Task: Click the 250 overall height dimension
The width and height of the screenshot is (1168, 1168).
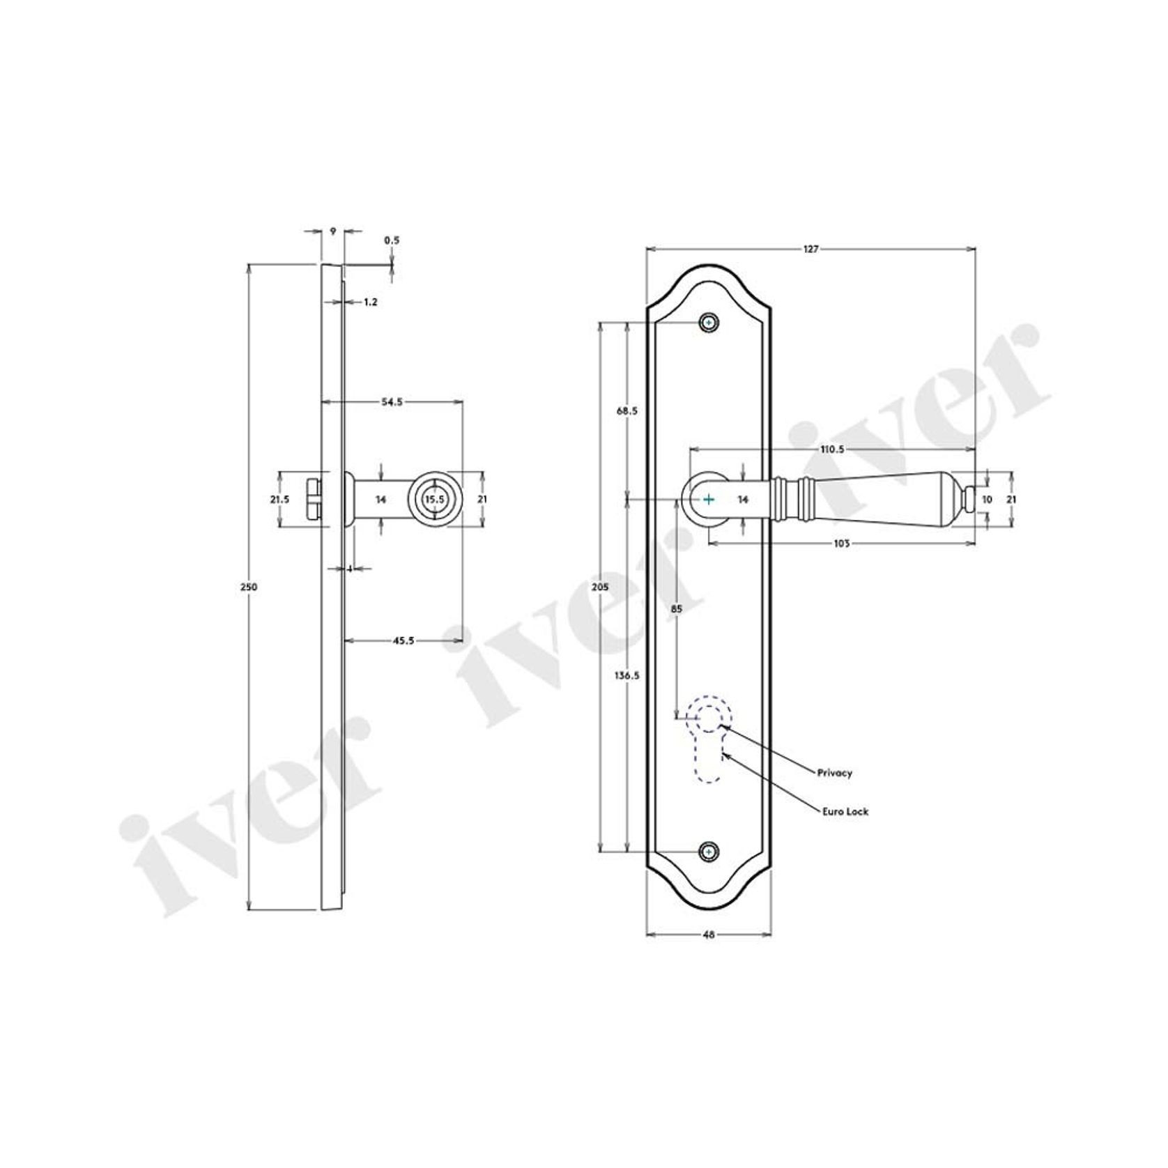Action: (x=249, y=587)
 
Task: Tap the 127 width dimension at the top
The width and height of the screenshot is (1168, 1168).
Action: (x=810, y=249)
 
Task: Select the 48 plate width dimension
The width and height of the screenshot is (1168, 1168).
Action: (x=708, y=935)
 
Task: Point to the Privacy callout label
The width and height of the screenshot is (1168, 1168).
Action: (x=836, y=773)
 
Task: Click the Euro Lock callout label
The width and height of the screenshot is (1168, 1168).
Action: (x=845, y=812)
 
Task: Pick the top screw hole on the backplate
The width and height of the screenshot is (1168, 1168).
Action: (x=709, y=323)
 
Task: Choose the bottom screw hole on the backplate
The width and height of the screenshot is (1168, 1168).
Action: (x=709, y=852)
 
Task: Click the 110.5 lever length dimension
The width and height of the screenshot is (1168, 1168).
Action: (x=831, y=449)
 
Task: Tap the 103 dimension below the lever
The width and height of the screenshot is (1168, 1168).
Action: (x=841, y=544)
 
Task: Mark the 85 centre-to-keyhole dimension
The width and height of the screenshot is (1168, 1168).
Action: (x=676, y=608)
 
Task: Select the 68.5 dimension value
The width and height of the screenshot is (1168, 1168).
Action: (x=627, y=411)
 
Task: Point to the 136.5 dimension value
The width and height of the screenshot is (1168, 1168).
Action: (x=627, y=675)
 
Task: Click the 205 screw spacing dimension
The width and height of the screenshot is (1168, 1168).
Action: (x=599, y=587)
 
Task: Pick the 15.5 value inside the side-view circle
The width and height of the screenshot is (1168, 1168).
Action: (x=434, y=500)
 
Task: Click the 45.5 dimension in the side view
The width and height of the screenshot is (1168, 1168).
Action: (x=404, y=640)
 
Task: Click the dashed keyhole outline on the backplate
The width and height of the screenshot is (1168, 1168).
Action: (x=709, y=740)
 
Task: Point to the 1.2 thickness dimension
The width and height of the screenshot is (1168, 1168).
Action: (x=370, y=302)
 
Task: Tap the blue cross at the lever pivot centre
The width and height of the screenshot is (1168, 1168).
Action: (x=709, y=500)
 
